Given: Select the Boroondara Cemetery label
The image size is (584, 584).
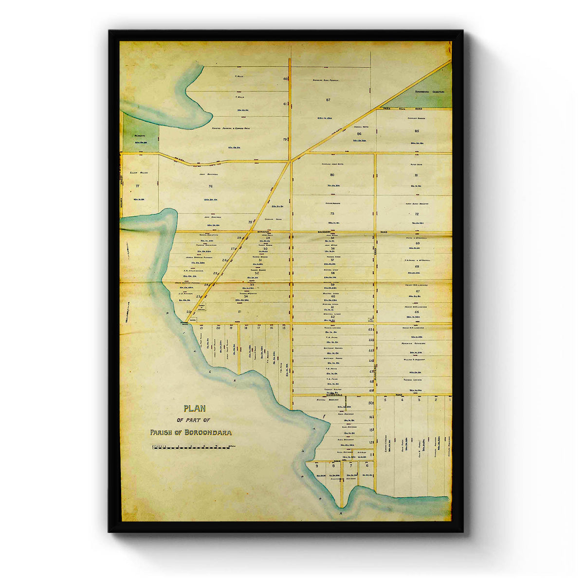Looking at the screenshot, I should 430,91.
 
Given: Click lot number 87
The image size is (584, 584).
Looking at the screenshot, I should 328,100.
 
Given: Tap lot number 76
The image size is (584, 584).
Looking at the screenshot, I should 211,186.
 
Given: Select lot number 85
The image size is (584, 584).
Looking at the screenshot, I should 417,131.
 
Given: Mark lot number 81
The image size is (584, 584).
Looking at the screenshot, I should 417,175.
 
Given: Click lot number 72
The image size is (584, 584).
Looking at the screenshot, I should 417,214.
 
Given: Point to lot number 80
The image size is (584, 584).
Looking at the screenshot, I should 332,175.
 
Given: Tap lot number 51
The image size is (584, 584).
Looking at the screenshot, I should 239,311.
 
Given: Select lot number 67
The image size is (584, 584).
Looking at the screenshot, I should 417,291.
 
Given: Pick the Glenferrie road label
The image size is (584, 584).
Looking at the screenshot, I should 376,380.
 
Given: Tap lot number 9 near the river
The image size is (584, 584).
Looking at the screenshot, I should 317,466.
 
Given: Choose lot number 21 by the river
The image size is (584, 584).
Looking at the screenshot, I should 201,328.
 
